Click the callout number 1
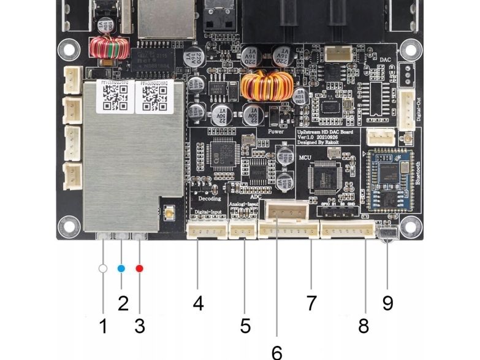pos(103,326)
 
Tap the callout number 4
pos(197,303)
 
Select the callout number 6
pos(277,352)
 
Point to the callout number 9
pos(387,303)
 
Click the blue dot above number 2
pos(121,269)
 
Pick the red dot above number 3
pos(140,269)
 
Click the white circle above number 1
pos(103,269)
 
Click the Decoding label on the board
pos(210,199)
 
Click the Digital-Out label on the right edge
pos(419,110)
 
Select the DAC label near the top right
pos(385,59)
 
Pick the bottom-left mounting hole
pos(67,223)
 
